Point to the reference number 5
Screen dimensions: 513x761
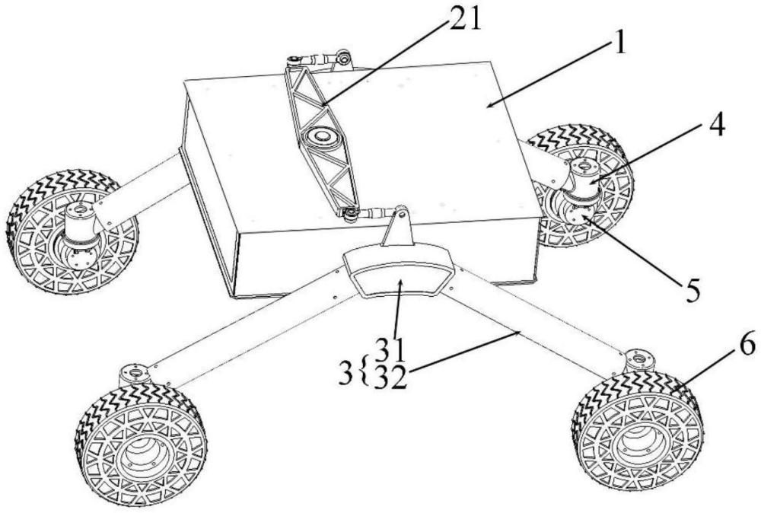[690, 291]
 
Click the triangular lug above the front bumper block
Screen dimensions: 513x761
[396, 229]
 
